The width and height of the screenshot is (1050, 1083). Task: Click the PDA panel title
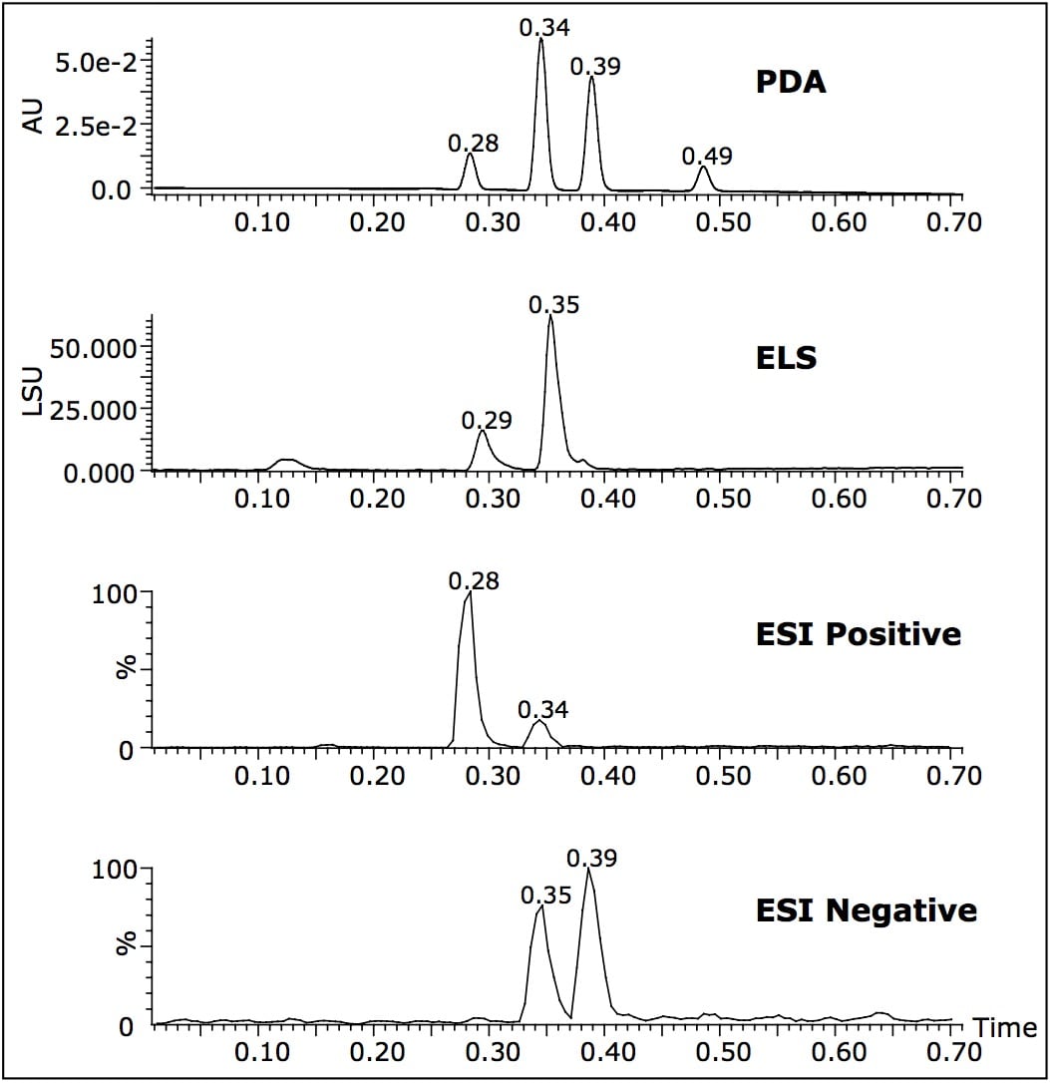[791, 82]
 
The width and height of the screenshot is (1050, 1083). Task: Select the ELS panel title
[786, 358]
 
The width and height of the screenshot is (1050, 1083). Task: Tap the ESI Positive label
[859, 634]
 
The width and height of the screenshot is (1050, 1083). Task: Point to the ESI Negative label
[866, 909]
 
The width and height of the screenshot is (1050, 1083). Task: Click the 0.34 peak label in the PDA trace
[544, 28]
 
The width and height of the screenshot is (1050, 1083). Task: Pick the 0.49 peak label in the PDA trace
[707, 156]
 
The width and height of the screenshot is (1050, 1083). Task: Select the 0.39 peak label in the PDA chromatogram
[595, 67]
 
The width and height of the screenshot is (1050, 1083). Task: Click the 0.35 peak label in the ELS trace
[553, 305]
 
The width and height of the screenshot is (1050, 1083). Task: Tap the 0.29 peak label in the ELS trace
[487, 420]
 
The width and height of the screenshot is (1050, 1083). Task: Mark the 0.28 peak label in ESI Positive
[474, 581]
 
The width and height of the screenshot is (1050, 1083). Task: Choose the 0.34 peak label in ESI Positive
[543, 710]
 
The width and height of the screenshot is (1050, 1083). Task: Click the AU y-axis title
[35, 121]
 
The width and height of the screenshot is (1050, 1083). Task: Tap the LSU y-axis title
[35, 392]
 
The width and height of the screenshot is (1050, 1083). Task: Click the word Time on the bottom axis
[1004, 1026]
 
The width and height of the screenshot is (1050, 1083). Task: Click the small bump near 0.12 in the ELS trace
[289, 460]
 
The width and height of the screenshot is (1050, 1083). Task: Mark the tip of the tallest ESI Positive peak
[470, 593]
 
